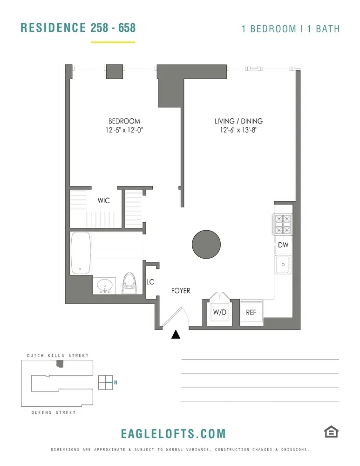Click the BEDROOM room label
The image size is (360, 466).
click(x=124, y=121)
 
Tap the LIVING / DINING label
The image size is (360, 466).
click(x=238, y=121)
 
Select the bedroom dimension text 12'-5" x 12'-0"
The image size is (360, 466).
click(x=124, y=130)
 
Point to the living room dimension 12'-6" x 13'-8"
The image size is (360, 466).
click(x=238, y=130)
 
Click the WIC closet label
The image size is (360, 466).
click(x=103, y=201)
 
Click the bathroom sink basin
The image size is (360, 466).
click(x=106, y=285)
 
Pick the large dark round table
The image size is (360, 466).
click(x=207, y=244)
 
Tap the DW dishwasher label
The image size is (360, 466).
click(x=283, y=245)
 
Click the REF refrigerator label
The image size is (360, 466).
click(x=251, y=312)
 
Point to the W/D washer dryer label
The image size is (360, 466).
click(x=219, y=312)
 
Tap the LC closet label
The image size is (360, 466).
click(x=150, y=282)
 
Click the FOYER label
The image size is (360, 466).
click(x=181, y=291)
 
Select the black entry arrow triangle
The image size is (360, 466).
click(x=176, y=335)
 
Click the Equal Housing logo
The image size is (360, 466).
click(x=331, y=432)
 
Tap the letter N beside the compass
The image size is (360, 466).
click(x=115, y=383)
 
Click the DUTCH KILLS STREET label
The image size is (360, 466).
click(x=55, y=356)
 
